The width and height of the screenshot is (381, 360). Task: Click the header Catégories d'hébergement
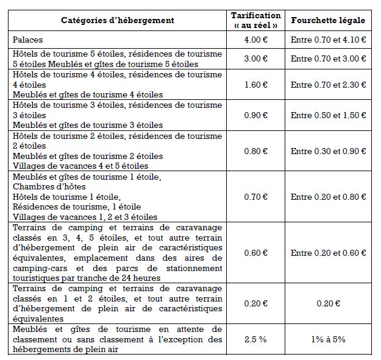(117, 20)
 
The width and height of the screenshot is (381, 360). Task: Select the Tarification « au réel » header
(256, 20)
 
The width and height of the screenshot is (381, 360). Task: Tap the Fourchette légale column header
(328, 20)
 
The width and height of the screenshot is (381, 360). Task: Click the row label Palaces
(27, 40)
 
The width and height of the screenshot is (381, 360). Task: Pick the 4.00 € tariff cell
(256, 40)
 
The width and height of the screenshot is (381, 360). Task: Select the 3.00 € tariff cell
(256, 59)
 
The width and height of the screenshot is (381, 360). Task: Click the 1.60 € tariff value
(256, 85)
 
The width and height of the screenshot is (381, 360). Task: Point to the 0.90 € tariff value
(256, 115)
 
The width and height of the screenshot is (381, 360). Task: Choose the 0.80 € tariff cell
(256, 151)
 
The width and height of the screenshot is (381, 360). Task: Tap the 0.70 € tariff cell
(256, 197)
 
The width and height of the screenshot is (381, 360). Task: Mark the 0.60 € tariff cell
(256, 253)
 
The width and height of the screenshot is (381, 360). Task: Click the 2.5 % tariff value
(256, 339)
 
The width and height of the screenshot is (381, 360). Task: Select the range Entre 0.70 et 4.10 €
(328, 40)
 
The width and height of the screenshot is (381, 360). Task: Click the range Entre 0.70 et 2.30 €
(328, 85)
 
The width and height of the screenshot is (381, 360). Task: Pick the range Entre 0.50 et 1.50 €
(328, 115)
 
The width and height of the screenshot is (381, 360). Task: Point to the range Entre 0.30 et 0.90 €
(328, 151)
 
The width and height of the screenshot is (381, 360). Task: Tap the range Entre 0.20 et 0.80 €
(328, 197)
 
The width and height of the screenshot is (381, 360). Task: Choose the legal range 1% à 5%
(328, 339)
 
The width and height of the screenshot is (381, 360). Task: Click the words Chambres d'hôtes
(49, 186)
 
